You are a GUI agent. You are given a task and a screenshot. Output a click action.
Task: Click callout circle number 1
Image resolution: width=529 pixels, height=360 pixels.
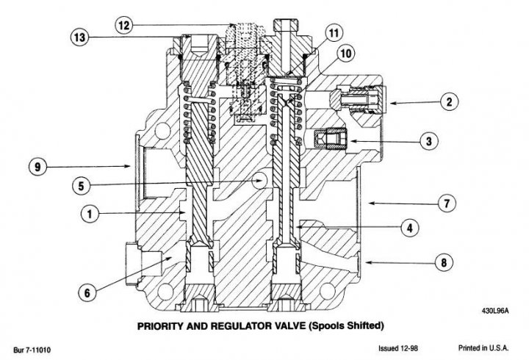pyautogui.click(x=88, y=214)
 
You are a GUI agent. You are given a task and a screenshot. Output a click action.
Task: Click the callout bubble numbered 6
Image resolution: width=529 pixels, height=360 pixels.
pyautogui.click(x=87, y=292)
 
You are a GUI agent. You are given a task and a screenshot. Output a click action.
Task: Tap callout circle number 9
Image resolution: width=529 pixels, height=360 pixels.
pyautogui.click(x=35, y=167)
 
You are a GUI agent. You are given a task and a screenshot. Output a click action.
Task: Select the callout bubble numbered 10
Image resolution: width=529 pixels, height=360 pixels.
pyautogui.click(x=346, y=52)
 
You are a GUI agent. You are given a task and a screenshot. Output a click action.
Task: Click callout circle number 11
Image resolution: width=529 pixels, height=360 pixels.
pyautogui.click(x=334, y=32)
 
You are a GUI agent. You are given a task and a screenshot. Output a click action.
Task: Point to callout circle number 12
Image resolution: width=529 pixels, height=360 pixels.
pyautogui.click(x=124, y=25)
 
